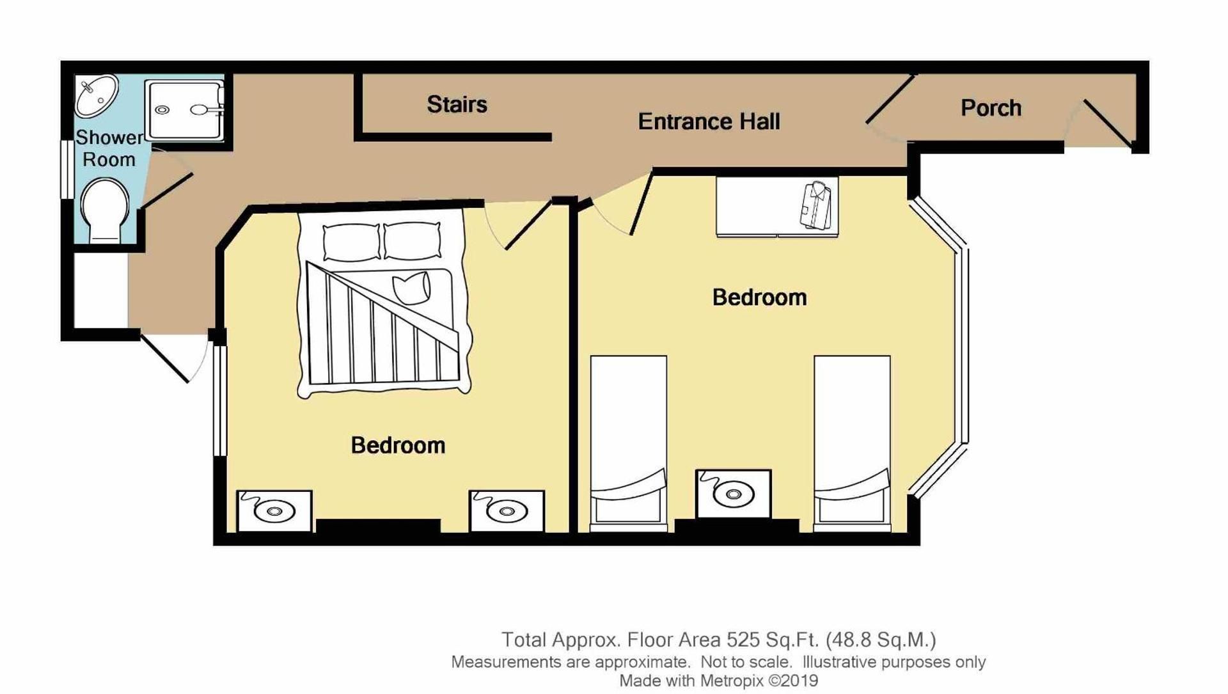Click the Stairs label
pos(457,104)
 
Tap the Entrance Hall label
pos(709,122)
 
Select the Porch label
pos(990,108)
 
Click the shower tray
pos(184,109)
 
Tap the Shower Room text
pos(109,148)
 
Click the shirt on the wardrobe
pos(815,205)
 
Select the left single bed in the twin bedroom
pos(628,441)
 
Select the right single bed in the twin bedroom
pos(851,441)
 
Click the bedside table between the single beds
pos(733,493)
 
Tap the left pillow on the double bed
pos(351,242)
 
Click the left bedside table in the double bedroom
pos(274,510)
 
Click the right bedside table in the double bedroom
pos(507,510)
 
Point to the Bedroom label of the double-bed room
pos(398,445)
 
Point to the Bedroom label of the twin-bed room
pos(759,297)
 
